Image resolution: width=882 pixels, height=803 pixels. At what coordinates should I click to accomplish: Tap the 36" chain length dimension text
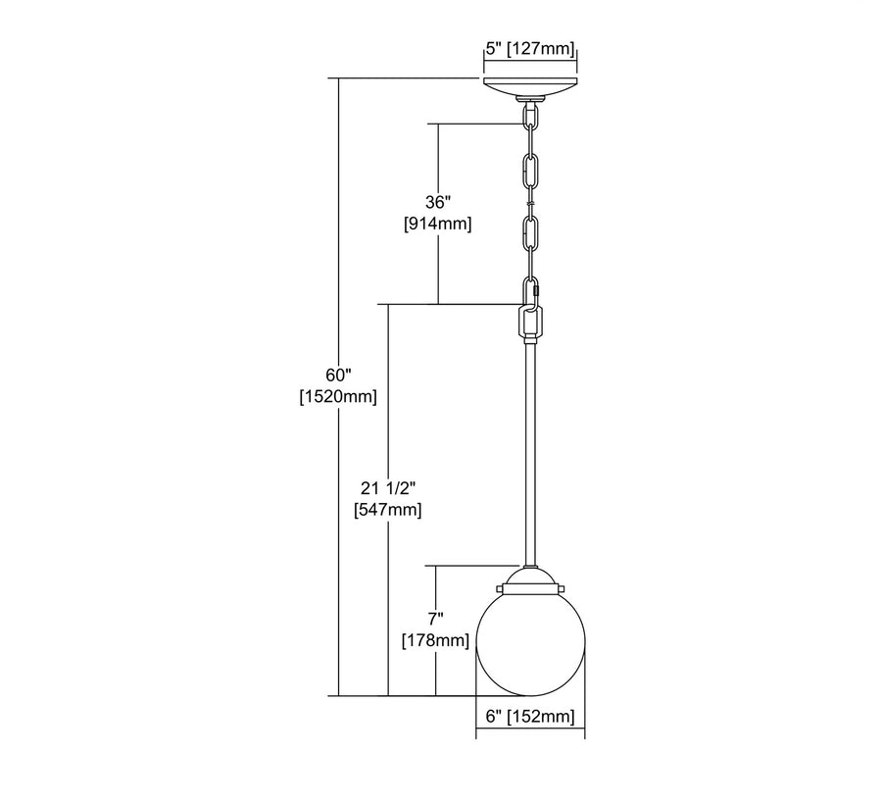tap(437, 203)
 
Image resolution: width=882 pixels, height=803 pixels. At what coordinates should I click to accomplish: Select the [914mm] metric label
tap(437, 224)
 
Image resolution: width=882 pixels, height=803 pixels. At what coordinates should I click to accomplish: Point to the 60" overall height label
tap(338, 376)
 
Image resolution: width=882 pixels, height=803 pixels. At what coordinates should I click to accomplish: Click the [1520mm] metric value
tap(338, 396)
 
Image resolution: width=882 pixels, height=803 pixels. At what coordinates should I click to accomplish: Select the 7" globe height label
tap(436, 619)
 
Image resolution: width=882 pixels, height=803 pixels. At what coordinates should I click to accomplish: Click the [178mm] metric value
tap(436, 640)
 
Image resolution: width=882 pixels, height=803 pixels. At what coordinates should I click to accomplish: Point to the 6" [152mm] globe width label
tap(530, 717)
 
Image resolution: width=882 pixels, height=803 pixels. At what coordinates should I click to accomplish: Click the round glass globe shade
tap(530, 642)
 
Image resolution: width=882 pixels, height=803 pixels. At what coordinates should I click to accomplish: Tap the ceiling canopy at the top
tap(530, 87)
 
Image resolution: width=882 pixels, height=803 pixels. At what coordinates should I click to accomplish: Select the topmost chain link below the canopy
tap(531, 118)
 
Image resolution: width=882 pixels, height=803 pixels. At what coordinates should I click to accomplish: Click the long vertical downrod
tap(530, 451)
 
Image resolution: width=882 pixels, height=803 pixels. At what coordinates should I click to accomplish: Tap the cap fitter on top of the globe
tap(530, 580)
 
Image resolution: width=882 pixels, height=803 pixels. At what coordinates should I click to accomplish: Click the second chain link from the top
tap(531, 171)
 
